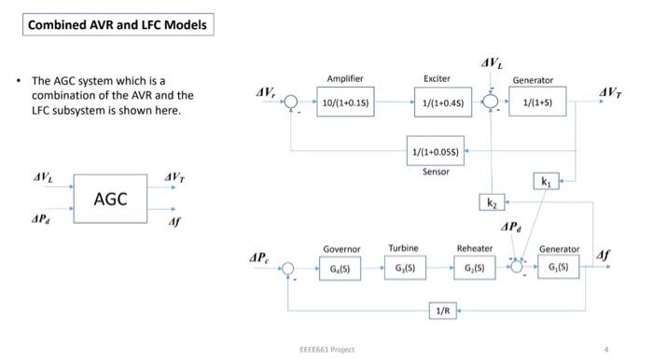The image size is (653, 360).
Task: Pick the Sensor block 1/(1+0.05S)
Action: point(435,151)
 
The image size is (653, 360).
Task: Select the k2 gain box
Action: point(493,202)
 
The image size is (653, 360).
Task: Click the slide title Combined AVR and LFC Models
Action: point(118,24)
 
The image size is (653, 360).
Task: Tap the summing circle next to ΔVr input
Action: point(291,102)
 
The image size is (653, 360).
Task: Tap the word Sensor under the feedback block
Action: point(436,172)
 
